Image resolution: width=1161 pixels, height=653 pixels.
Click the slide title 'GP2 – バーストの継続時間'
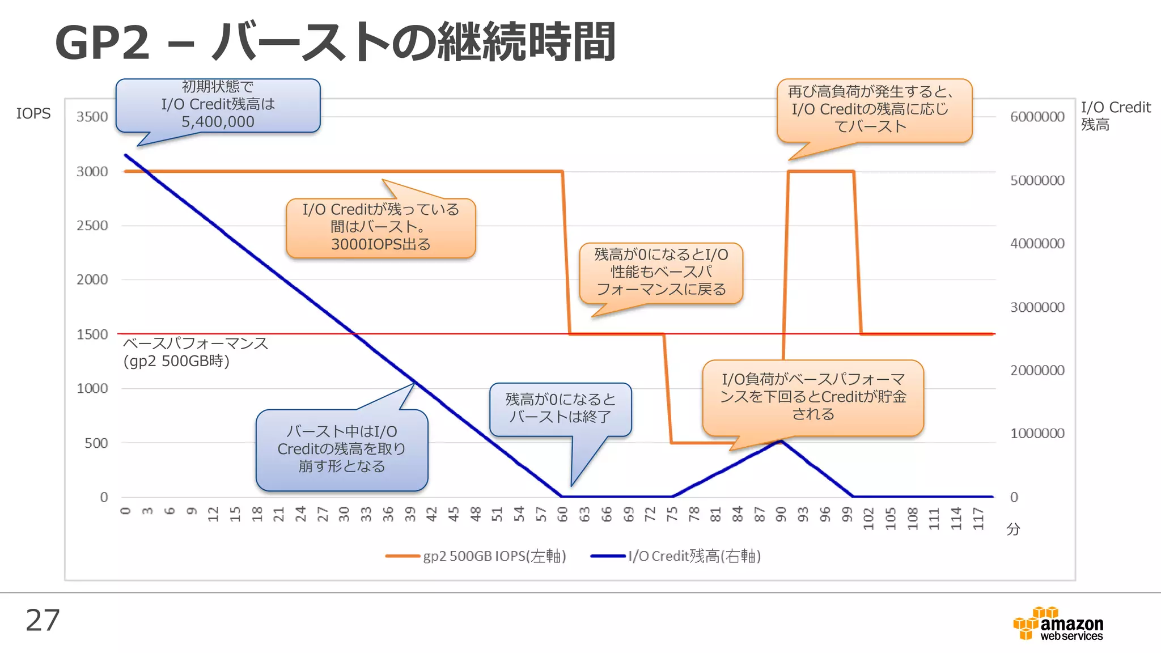tap(334, 43)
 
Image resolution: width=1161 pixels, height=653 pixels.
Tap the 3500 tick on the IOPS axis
tap(92, 117)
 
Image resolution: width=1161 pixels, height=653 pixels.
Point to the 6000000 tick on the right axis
tap(1037, 117)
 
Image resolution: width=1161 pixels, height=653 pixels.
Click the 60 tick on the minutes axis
tap(562, 514)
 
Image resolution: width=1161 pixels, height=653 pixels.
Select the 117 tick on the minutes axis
tap(978, 518)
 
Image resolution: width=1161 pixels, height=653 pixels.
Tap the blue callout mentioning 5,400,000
tap(218, 105)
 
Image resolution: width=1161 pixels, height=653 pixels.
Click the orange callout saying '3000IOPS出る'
tap(380, 227)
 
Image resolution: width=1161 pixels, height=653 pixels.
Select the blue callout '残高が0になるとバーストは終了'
tap(560, 409)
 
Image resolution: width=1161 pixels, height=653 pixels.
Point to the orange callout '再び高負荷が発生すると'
tap(874, 110)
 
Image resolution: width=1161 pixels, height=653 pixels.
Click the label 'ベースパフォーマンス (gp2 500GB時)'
tap(195, 352)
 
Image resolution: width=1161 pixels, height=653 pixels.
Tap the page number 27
tap(43, 620)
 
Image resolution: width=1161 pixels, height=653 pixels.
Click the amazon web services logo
tap(1058, 624)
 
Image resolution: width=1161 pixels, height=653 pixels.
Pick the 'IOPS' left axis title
tap(33, 113)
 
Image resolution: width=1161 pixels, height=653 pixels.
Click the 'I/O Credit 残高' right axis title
tap(1115, 116)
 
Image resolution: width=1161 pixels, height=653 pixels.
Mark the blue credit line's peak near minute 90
tap(781, 440)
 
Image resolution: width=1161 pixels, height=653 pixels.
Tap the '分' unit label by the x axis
tap(1013, 529)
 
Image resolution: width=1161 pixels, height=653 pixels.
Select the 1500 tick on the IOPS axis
tap(92, 334)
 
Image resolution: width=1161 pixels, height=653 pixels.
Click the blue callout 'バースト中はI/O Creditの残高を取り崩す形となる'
tap(341, 450)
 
